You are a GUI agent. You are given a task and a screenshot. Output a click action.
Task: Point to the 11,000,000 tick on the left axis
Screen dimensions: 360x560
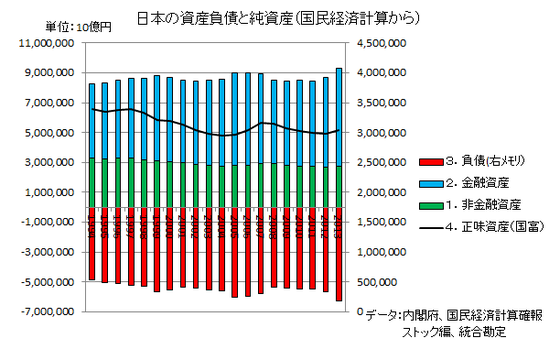41,43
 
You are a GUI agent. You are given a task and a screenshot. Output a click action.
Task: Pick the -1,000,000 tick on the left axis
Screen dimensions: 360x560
42,223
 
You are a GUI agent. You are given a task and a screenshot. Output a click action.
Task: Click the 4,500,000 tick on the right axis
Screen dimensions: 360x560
379,43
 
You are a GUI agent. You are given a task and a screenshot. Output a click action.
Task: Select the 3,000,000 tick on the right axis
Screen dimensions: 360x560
379,133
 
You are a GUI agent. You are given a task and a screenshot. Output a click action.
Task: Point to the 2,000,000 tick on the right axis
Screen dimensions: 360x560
379,193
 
